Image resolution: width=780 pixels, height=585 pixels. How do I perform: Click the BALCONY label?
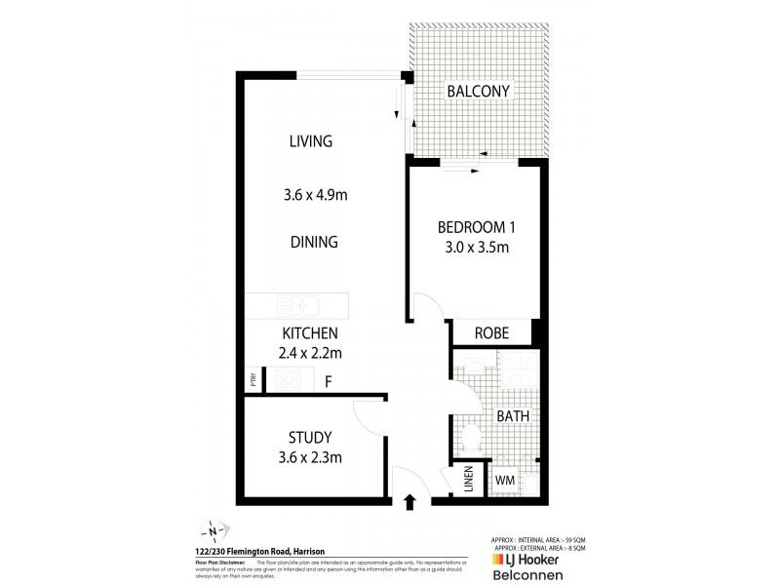[x=478, y=92]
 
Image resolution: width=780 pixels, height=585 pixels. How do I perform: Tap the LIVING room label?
[x=310, y=141]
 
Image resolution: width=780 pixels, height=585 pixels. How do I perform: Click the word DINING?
[x=313, y=242]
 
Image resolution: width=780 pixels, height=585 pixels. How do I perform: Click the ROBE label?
[x=491, y=332]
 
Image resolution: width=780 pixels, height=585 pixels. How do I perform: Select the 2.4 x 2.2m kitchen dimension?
[x=311, y=352]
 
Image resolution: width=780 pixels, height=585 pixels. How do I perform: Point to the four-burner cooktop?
[x=289, y=380]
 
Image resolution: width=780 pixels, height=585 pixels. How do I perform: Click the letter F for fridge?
[x=328, y=381]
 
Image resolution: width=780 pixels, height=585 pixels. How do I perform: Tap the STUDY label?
[x=310, y=437]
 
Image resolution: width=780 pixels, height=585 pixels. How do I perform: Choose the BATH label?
[x=513, y=415]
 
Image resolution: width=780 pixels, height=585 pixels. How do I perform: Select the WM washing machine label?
[x=505, y=480]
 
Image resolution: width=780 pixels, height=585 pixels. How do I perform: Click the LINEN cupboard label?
[x=468, y=479]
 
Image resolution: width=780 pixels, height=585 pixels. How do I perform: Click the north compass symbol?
[x=213, y=531]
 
